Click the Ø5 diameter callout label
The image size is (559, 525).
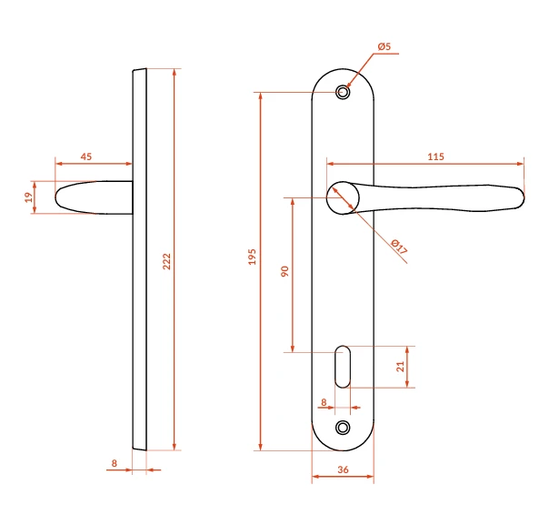pos(384,46)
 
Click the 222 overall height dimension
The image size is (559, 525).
pos(167,261)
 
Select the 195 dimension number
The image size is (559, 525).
pos(253,257)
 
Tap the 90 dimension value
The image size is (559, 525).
pos(284,271)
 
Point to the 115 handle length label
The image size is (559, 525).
pos(435,156)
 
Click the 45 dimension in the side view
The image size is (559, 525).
pos(86,156)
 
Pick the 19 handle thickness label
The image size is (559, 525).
pos(29,197)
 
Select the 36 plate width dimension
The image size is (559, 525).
pos(343,469)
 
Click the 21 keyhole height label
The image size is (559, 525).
pos(401,367)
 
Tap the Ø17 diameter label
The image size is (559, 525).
pos(399,247)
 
